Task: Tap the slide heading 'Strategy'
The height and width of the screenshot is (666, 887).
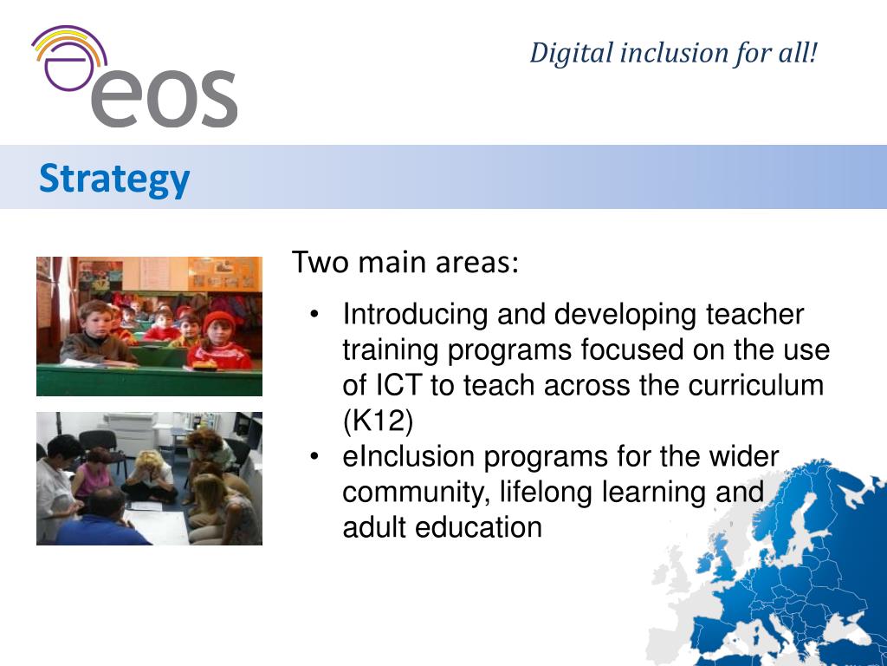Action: [x=113, y=179]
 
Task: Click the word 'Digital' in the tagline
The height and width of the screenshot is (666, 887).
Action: [x=571, y=53]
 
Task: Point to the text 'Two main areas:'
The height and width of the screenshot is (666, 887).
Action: [x=405, y=262]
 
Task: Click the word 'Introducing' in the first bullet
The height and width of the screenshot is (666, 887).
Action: [x=416, y=314]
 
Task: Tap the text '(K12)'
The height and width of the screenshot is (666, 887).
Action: [x=379, y=421]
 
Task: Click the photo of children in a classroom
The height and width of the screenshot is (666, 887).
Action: [x=149, y=326]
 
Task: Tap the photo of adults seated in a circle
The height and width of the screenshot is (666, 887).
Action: [x=149, y=479]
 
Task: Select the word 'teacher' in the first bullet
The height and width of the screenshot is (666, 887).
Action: [x=755, y=314]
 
